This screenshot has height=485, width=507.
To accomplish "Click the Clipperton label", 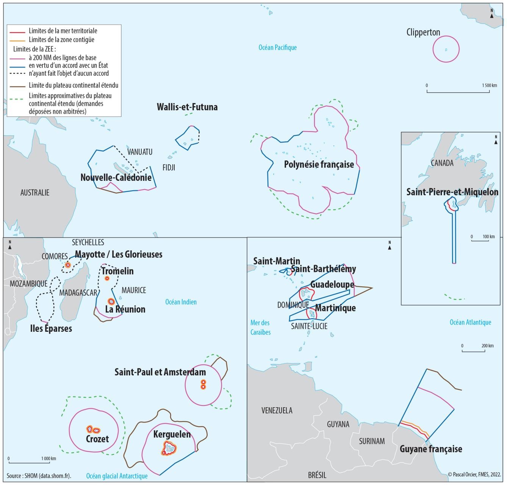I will pos(423,32).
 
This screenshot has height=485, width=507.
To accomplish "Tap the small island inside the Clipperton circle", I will pos(446,50).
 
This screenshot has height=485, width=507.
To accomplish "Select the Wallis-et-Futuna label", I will pos(187,107).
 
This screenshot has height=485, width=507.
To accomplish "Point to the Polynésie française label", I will pos(319,164).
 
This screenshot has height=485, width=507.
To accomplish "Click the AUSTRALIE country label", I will pos(35,193).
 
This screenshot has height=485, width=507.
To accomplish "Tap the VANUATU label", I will pos(140,152).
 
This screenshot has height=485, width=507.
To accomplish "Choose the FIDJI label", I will pos(169,167).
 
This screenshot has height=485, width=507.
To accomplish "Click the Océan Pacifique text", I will pos(277,47).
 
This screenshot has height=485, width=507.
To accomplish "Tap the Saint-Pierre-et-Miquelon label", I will pos(452,192).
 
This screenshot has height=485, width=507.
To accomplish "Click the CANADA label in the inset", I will pos(442,163).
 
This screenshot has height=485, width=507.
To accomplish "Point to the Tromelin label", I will pos(117,271).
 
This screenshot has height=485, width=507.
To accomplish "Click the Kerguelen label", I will pos(172,434).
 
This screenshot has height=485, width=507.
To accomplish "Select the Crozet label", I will pos(97,439).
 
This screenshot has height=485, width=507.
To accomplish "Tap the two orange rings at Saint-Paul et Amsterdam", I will pos(203,385).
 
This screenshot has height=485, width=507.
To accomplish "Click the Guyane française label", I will pos(431,449).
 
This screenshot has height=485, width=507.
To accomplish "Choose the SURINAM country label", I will pos(372,441).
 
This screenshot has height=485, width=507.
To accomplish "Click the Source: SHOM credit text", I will pos(39,476).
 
